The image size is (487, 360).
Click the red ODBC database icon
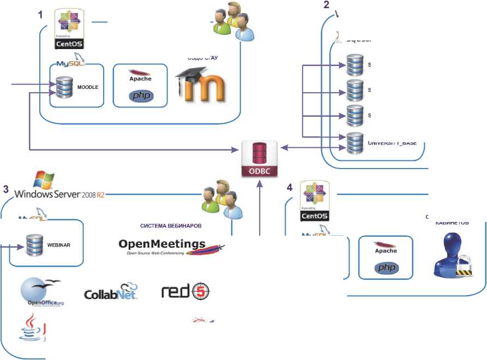pyautogui.click(x=260, y=159)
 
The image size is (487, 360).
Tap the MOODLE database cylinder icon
pyautogui.click(x=64, y=87)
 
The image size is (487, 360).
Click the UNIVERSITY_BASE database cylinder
pyautogui.click(x=355, y=142)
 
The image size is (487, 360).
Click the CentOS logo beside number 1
pyautogui.click(x=70, y=30)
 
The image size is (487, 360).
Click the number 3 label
pyautogui.click(x=5, y=190)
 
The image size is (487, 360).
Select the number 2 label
pyautogui.click(x=327, y=5)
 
